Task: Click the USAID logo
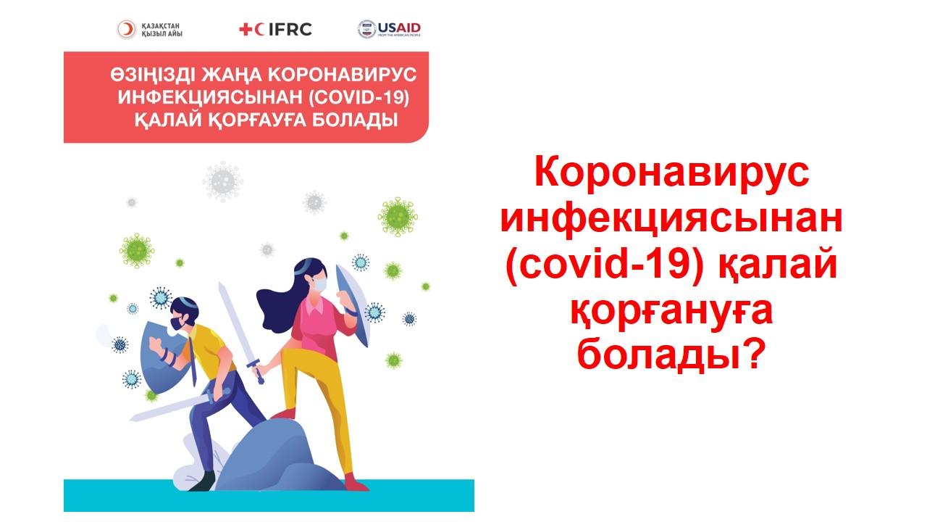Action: point(389,29)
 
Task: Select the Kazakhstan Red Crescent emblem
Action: point(126,30)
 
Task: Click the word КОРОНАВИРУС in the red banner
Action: point(343,75)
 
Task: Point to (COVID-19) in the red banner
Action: point(358,98)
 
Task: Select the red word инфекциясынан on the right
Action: point(671,220)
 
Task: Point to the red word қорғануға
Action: point(671,313)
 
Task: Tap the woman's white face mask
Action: point(320,284)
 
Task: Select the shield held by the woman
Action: point(352,304)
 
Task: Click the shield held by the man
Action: point(162,356)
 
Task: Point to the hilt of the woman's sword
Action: point(256,370)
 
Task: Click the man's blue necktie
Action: point(193,360)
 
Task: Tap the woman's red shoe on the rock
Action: point(283,414)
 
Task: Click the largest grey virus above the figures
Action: point(222,181)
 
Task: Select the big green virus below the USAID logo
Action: point(398,217)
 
